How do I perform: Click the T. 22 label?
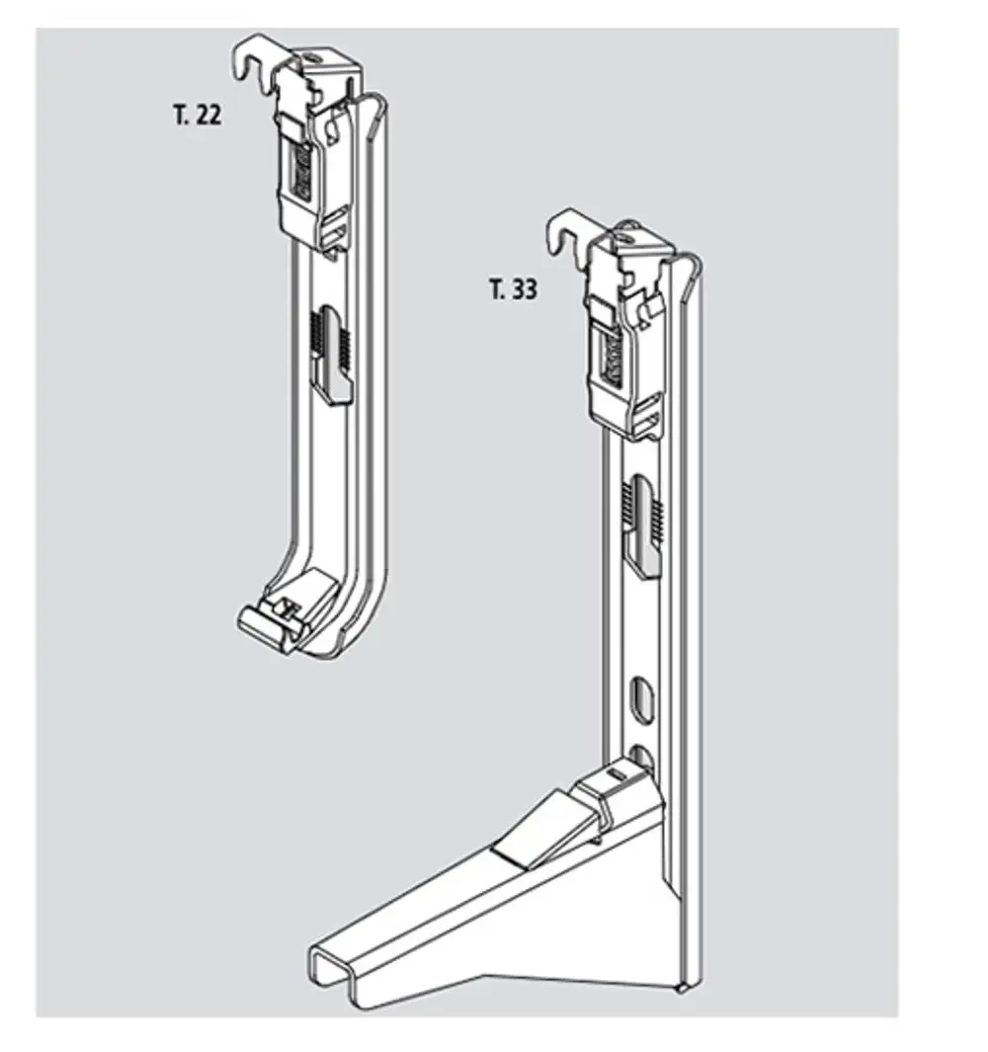click(x=197, y=115)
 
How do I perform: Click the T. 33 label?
click(x=514, y=289)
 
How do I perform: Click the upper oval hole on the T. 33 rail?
click(x=640, y=698)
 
